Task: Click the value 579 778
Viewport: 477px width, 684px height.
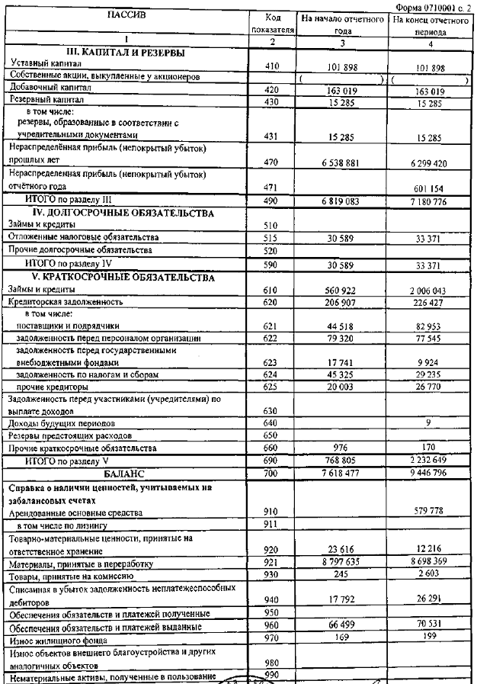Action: [x=427, y=511]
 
